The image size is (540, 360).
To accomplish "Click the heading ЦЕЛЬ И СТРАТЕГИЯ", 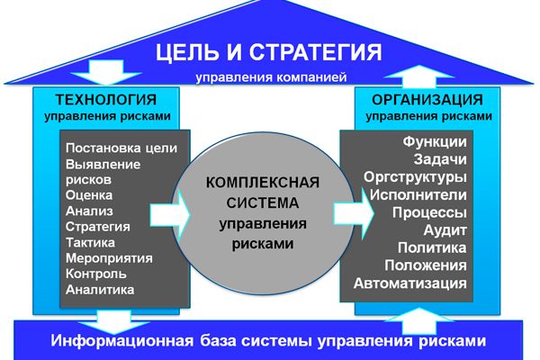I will coord(269,50).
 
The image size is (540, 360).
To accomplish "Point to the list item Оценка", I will coord(88,195).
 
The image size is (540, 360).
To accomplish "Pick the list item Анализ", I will coord(88,211).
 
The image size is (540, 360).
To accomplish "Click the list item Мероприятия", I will coord(109,258).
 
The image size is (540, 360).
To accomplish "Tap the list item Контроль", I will coord(96,274).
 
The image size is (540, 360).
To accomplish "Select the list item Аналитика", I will coord(100,290).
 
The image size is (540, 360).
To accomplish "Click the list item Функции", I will coord(435,142).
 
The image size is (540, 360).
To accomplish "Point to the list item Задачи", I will coord(440,160).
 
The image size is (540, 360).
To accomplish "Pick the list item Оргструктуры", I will coord(416,177).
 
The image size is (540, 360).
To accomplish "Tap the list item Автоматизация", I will coord(410,283).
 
